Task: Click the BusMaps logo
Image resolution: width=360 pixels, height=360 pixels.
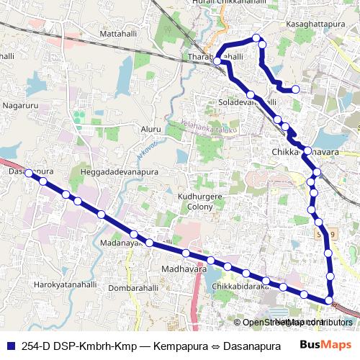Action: pyautogui.click(x=321, y=344)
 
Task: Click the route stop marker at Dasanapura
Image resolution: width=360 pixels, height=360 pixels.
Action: pyautogui.click(x=28, y=174)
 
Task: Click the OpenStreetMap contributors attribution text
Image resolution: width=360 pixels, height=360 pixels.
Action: pyautogui.click(x=297, y=323)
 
